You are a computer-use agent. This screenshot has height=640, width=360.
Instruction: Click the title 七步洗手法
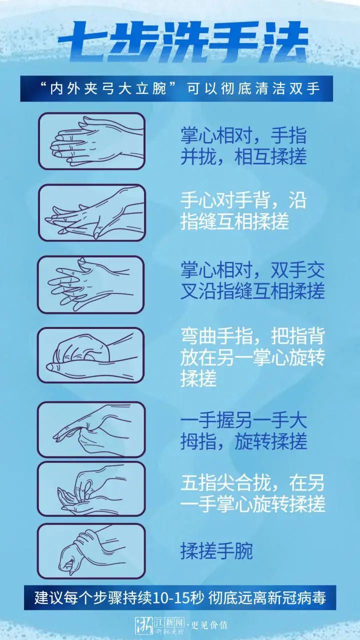coord(183,42)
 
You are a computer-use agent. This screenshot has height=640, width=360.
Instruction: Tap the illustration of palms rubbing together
coord(91,141)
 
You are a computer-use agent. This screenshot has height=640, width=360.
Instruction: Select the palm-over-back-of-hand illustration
coord(91,212)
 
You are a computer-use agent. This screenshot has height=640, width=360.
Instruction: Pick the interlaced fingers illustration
coord(91,284)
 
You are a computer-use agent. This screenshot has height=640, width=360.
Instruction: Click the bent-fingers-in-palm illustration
coord(91,355)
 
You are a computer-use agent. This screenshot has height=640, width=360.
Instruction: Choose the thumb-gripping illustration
coord(91,429)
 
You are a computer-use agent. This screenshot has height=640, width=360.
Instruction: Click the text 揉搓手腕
coord(216,551)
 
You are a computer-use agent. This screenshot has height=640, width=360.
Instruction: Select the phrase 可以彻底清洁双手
coord(253,88)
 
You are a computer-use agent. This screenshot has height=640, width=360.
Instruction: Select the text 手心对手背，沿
coord(243,200)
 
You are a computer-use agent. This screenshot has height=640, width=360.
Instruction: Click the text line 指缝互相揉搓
coord(234,221)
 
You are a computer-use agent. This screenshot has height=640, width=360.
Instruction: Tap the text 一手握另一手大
coord(243,420)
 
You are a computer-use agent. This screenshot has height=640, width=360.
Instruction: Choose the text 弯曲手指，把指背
coord(252,336)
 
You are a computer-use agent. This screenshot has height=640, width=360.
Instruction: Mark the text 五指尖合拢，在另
coord(252,483)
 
